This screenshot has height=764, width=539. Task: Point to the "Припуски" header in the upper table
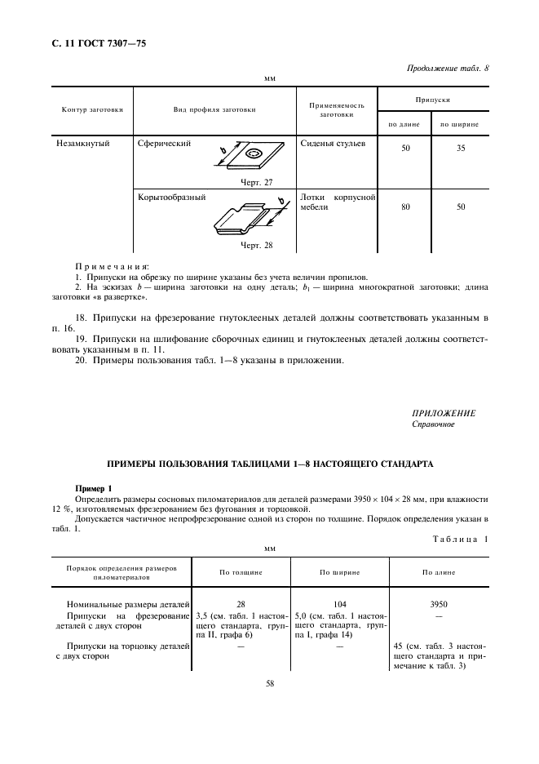coord(433,99)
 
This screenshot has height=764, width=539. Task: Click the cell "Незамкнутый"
coord(84,143)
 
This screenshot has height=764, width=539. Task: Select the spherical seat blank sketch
coord(250,158)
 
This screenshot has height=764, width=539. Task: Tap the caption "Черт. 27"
coord(256,182)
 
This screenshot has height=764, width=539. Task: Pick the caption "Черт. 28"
coord(256,244)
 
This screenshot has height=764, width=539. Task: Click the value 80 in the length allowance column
coord(405,207)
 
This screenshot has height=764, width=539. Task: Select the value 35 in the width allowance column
coord(461,149)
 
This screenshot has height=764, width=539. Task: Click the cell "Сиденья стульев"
coord(333,143)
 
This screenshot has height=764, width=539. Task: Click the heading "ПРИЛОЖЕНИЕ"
coord(444,413)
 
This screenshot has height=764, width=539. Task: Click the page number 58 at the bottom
coord(269,684)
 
